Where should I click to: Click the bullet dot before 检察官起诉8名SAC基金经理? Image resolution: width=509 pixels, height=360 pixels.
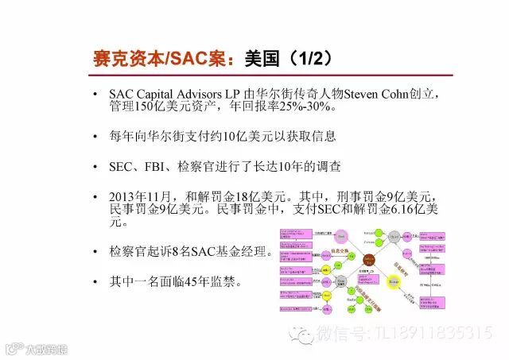[95, 253]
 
